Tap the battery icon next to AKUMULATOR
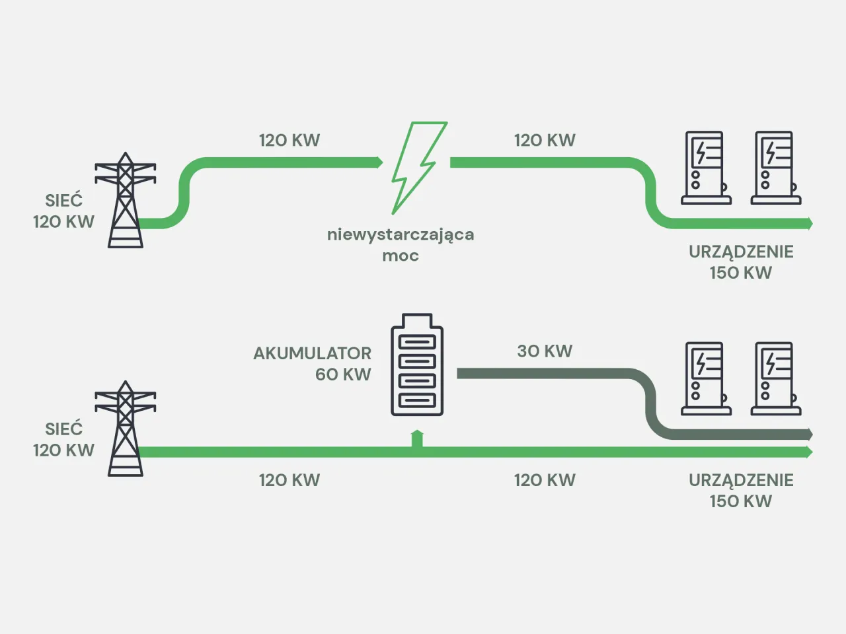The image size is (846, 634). click(416, 365)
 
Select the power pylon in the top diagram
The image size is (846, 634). click(125, 201)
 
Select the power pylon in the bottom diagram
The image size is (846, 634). click(125, 429)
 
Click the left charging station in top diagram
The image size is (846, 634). click(705, 168)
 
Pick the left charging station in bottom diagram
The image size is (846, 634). click(705, 378)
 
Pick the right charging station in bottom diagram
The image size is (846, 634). click(775, 378)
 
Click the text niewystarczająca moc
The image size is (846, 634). click(401, 244)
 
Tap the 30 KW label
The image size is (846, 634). click(545, 351)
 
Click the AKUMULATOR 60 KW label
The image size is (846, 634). click(313, 363)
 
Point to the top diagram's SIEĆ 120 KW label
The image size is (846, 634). click(63, 211)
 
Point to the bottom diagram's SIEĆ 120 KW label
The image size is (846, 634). click(63, 439)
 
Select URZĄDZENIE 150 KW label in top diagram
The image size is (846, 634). click(741, 262)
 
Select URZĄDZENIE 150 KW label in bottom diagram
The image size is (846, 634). click(741, 490)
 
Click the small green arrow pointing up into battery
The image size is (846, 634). click(416, 438)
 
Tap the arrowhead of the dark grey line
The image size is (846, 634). click(808, 435)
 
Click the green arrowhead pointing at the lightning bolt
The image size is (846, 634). click(379, 162)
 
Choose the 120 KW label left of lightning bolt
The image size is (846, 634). click(289, 141)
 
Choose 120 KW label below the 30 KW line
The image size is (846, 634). click(545, 480)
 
